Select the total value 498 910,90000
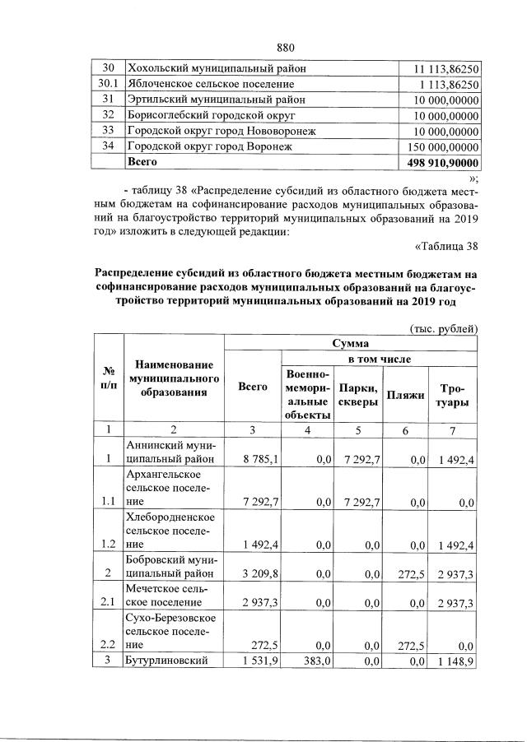click(x=444, y=163)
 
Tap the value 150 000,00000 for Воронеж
click(x=444, y=146)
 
